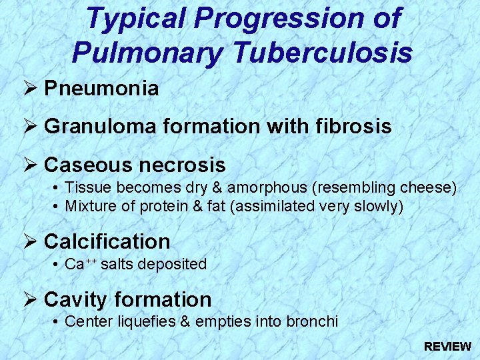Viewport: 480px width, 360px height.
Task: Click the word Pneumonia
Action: click(101, 88)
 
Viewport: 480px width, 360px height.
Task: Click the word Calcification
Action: click(107, 241)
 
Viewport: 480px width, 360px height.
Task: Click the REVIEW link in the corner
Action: click(447, 347)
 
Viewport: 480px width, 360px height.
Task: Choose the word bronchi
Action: click(313, 322)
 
